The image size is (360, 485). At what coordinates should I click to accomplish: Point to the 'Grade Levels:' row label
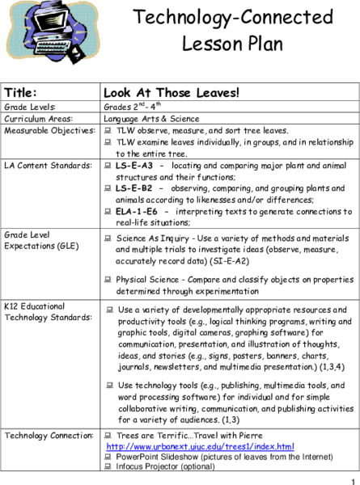pos(30,107)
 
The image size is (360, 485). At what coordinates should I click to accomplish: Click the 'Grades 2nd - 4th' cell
pos(135,107)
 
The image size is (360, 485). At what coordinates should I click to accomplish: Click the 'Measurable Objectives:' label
pos(45,129)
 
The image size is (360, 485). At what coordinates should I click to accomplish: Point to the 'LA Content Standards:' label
pos(42,165)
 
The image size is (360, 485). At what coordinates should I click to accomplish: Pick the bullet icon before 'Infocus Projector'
pos(108,466)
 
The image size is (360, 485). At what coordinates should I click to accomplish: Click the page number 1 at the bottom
pos(354,479)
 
